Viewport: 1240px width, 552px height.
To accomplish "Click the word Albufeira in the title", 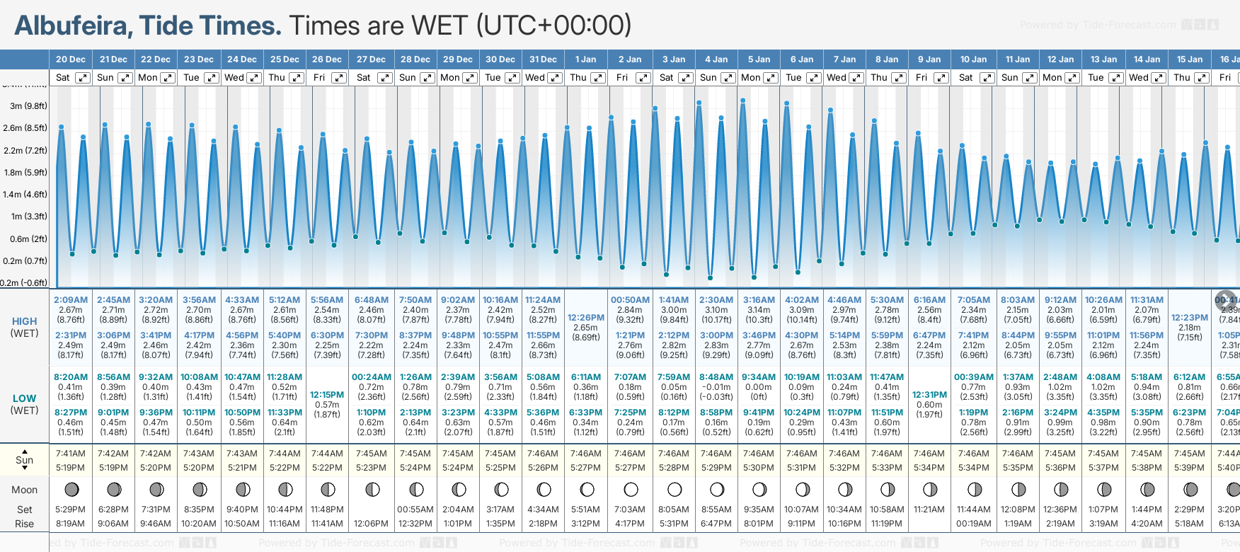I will coord(72,26).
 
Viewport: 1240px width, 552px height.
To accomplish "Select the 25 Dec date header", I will coord(285,59).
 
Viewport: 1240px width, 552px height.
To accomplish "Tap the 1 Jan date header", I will coord(585,59).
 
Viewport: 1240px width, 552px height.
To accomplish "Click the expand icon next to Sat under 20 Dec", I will coord(83,78).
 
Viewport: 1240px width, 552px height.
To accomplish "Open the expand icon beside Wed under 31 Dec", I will coord(555,78).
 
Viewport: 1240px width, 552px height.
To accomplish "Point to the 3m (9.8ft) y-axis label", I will coord(28,106).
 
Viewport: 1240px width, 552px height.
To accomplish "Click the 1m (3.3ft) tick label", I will coord(28,217).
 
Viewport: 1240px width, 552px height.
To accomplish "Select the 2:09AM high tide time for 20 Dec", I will coord(71,300).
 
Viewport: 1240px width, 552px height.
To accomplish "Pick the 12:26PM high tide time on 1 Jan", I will coord(585,318).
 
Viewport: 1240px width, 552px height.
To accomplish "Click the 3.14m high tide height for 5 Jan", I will coord(759,310).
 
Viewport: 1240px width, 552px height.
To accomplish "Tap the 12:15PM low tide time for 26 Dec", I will coord(327,395).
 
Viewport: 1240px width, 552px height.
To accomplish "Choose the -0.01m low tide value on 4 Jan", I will coord(716,387).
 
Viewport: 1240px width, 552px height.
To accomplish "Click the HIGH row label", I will coord(24,321).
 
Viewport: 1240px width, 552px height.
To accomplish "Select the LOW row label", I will coord(24,398).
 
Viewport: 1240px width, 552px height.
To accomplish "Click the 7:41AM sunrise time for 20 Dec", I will coord(71,454).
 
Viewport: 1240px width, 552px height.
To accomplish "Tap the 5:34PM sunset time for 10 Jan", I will coord(973,468).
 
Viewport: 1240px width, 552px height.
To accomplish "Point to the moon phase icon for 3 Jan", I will coord(674,489).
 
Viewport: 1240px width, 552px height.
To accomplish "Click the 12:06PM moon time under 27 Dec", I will coord(371,524).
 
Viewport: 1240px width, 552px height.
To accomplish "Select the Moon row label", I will coord(24,490).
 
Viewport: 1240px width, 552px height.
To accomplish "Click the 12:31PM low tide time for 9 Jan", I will coord(929,395).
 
